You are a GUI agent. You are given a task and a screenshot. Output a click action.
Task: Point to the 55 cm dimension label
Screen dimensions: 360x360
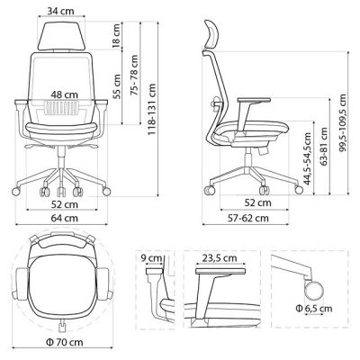[x=116, y=86]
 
